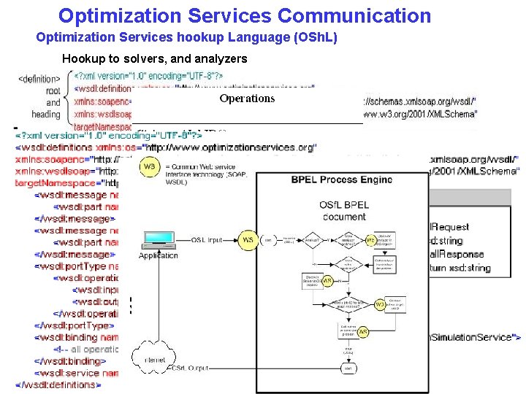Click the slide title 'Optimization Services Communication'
coord(245,15)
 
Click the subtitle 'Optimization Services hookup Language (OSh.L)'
coord(186,37)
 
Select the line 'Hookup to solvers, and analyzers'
coord(154,58)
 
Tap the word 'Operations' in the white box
coord(247,98)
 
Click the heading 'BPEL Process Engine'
coord(342,179)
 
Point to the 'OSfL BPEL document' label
coord(343,211)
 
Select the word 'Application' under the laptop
coord(158,255)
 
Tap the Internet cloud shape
coord(155,357)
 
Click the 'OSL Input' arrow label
coord(207,239)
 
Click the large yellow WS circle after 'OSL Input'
coord(248,239)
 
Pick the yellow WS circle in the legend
coord(150,167)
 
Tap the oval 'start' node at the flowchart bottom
coord(349,368)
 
